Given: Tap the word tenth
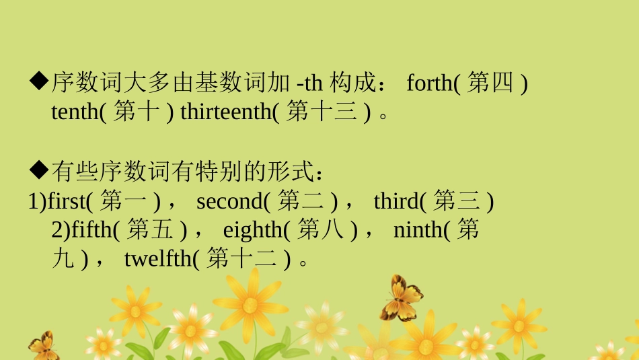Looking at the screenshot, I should [x=75, y=113].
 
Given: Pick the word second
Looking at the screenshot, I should [x=229, y=201].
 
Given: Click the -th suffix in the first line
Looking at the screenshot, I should [x=309, y=84].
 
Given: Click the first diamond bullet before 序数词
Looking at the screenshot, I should [x=38, y=83].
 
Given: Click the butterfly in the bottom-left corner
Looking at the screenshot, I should [x=42, y=346].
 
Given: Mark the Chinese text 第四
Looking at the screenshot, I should [x=490, y=84].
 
